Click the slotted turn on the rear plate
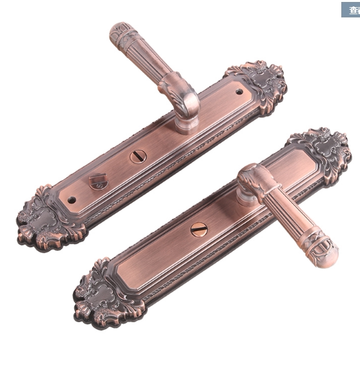[138, 156]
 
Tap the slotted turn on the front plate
[199, 229]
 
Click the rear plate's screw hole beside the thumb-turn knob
[72, 200]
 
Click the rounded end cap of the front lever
[326, 252]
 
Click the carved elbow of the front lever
[255, 178]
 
